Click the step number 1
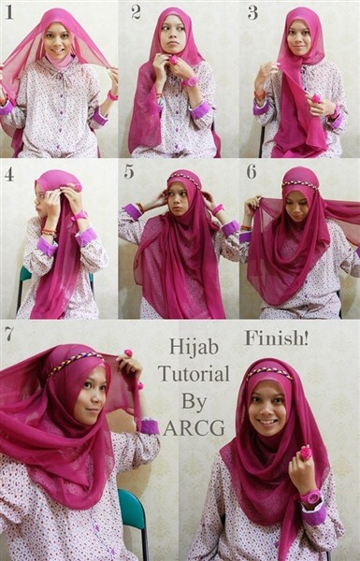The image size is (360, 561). click(9, 12)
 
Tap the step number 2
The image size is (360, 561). click(136, 12)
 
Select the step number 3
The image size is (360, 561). click(252, 12)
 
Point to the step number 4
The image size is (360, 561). click(9, 174)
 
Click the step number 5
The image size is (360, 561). click(129, 172)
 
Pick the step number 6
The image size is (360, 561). click(252, 172)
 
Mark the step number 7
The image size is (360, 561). click(9, 334)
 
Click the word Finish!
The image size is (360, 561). click(276, 338)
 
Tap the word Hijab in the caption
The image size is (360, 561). click(194, 347)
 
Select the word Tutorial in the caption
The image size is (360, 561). click(194, 373)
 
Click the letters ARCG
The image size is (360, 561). click(194, 427)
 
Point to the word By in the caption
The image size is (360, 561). click(194, 401)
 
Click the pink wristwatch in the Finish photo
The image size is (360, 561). click(310, 497)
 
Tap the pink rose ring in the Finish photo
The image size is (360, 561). click(306, 453)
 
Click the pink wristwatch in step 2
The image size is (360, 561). click(190, 82)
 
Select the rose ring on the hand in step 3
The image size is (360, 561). click(316, 98)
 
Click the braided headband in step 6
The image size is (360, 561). click(300, 184)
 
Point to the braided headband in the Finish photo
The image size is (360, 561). click(269, 372)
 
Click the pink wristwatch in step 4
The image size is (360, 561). click(79, 216)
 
